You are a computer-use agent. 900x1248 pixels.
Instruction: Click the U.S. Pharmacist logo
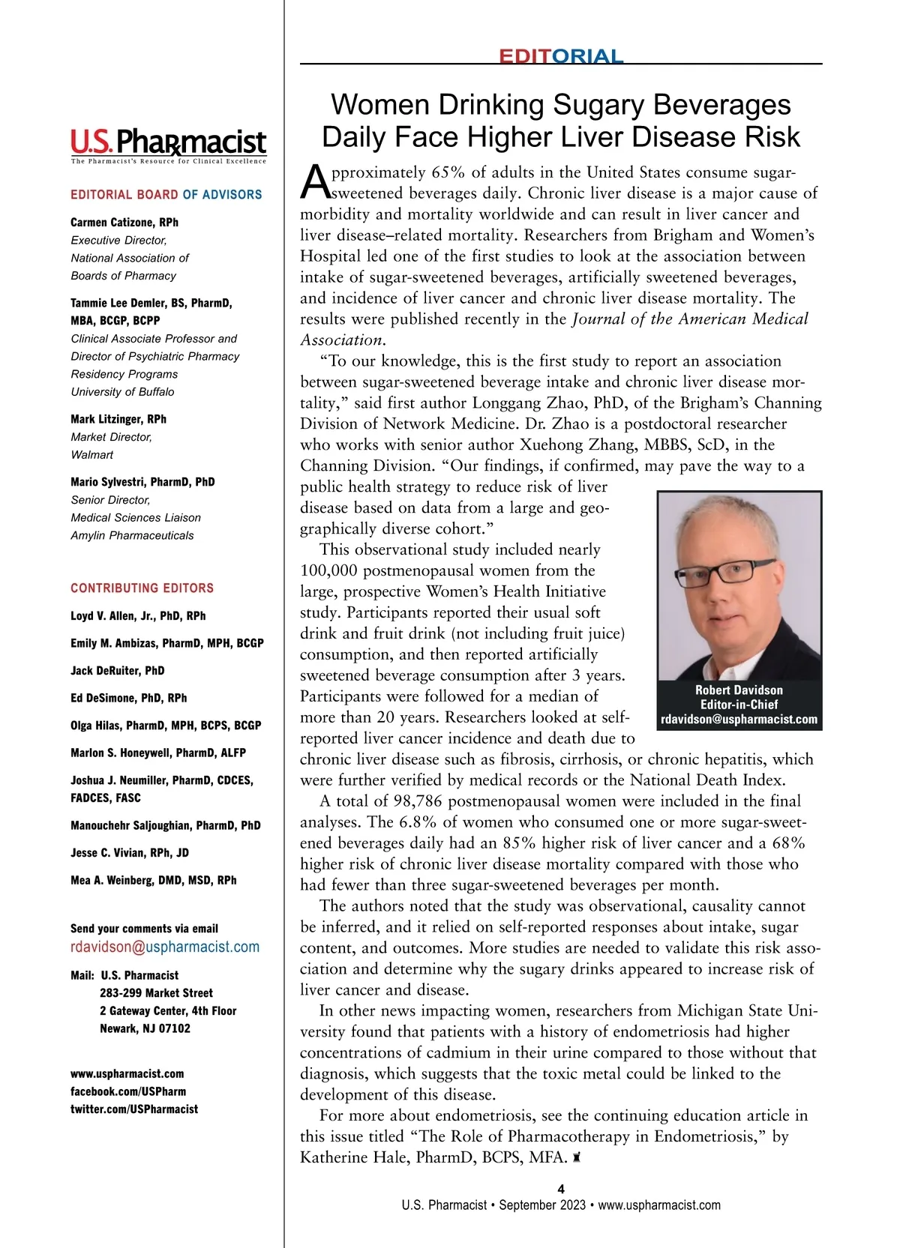[x=168, y=142]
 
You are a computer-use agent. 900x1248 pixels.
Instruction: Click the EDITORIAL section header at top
[x=561, y=56]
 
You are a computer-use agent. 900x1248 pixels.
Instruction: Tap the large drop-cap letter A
[x=314, y=181]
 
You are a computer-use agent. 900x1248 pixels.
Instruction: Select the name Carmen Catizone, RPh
[x=124, y=223]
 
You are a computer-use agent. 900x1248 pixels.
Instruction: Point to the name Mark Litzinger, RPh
[x=118, y=419]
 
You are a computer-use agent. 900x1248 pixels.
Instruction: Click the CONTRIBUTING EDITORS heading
[x=142, y=588]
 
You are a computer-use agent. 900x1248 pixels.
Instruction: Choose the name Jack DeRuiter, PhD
[x=118, y=671]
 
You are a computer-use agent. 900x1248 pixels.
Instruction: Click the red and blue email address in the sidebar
[x=165, y=947]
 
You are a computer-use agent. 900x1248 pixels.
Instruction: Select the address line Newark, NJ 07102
[x=145, y=1028]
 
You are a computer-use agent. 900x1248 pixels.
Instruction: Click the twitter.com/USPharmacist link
[x=134, y=1109]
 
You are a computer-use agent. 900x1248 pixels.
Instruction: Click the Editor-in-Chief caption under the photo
[x=739, y=705]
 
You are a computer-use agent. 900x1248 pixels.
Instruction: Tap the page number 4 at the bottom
[x=561, y=1189]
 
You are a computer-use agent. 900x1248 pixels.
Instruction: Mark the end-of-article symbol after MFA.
[x=577, y=1158]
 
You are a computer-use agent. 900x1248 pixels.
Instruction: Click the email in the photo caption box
[x=739, y=720]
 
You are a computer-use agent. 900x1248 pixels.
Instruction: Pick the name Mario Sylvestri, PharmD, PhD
[x=142, y=482]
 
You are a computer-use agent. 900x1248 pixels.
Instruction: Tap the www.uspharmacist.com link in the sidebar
[x=127, y=1074]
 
